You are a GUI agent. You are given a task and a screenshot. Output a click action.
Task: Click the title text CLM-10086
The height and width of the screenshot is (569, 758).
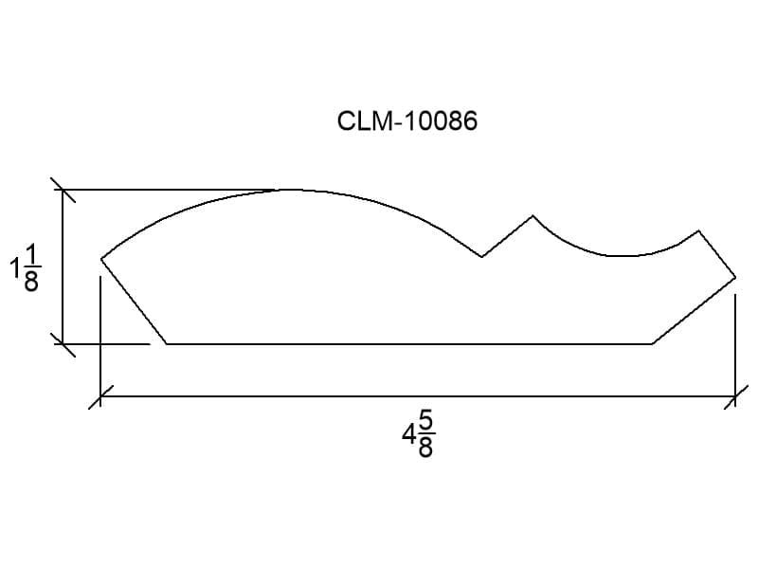pyautogui.click(x=407, y=120)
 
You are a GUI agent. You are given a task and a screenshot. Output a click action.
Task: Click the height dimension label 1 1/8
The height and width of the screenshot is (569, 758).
pyautogui.click(x=26, y=267)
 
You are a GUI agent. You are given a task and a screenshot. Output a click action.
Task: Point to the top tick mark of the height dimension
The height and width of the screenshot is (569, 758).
pyautogui.click(x=63, y=190)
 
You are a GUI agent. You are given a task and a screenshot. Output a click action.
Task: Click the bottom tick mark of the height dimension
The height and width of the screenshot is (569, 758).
pyautogui.click(x=63, y=344)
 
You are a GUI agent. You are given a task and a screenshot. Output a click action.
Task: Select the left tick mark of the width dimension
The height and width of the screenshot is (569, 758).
pyautogui.click(x=100, y=396)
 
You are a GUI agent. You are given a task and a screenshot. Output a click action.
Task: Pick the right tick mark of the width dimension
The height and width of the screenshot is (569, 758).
pyautogui.click(x=735, y=396)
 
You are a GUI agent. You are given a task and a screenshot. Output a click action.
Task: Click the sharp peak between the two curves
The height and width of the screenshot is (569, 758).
pyautogui.click(x=532, y=216)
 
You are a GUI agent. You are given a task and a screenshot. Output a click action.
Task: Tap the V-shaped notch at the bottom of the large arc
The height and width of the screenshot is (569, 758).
pyautogui.click(x=482, y=256)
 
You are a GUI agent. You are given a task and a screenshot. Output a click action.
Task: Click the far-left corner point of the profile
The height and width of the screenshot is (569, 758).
pyautogui.click(x=101, y=259)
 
